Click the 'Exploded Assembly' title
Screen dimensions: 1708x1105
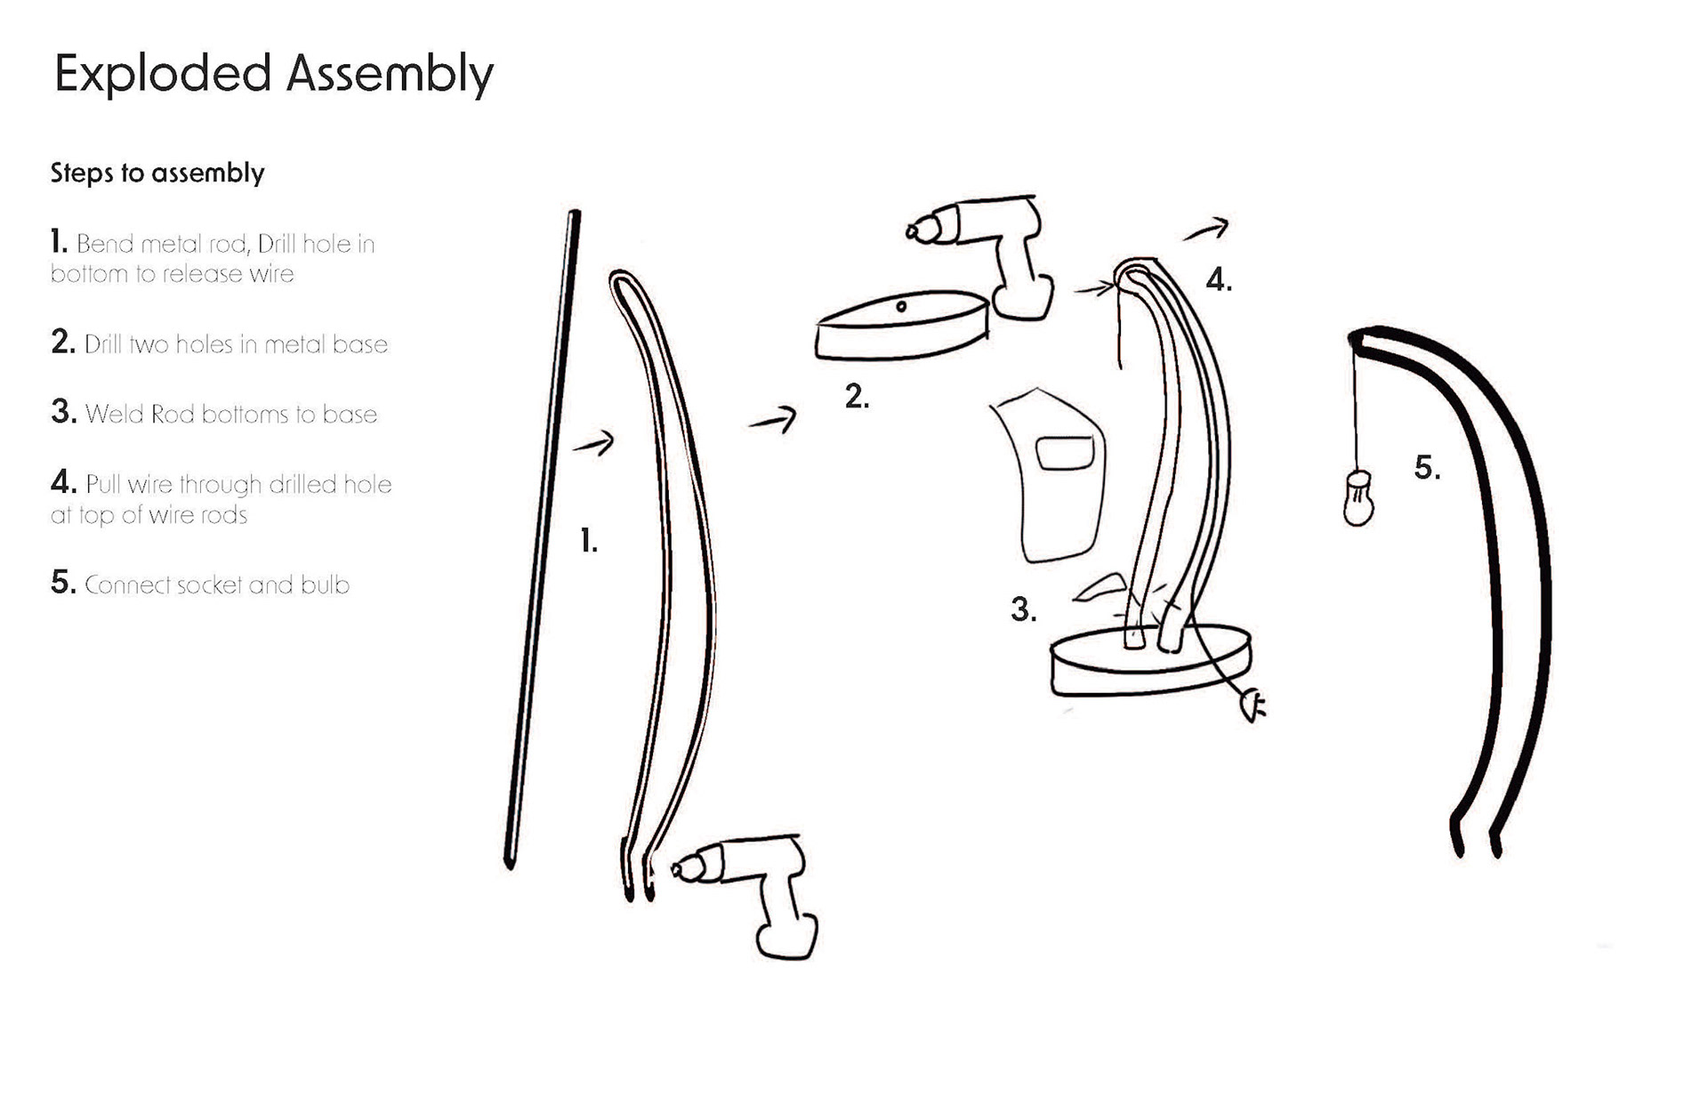click(273, 74)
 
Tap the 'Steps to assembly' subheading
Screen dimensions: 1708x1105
click(157, 173)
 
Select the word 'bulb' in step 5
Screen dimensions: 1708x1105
click(325, 585)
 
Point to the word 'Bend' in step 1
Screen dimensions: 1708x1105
click(104, 244)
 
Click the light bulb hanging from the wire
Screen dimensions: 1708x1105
click(1358, 498)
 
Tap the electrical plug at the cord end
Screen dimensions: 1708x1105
click(1253, 707)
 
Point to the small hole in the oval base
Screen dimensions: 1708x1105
click(901, 307)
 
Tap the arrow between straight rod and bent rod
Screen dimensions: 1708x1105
click(593, 442)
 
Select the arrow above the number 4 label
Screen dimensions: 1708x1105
click(1206, 230)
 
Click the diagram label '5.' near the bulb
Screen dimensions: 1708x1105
click(1427, 468)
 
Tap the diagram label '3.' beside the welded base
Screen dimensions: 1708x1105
click(1023, 610)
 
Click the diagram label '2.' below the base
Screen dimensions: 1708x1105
click(857, 397)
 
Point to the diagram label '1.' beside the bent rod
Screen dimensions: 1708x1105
click(588, 541)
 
